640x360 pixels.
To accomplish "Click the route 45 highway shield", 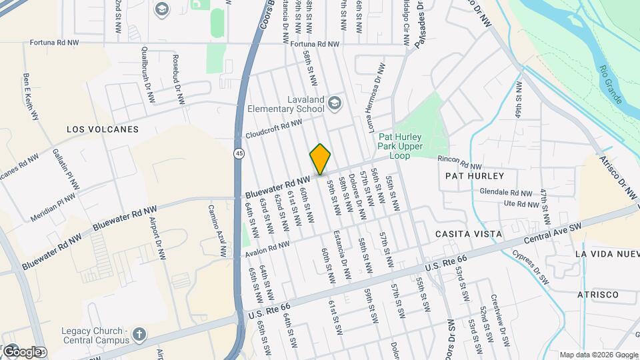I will [x=238, y=153].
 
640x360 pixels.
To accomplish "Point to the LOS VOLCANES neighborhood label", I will [x=103, y=129].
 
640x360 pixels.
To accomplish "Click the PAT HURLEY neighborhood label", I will [x=474, y=175].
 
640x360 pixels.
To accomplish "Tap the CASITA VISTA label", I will [x=468, y=234].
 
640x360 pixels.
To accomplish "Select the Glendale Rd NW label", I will [x=506, y=192].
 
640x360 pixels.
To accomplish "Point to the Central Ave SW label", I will [x=553, y=234].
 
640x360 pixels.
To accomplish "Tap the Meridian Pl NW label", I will [x=53, y=208].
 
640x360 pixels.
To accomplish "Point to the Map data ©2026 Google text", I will [x=597, y=355].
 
